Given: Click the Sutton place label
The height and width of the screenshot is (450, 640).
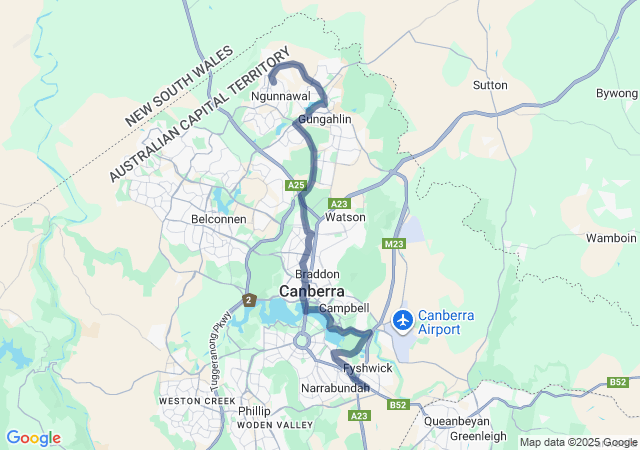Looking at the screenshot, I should point(490,85).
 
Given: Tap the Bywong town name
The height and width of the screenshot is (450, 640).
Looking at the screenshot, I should point(616,93).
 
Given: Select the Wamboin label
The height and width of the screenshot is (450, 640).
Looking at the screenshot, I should point(610,238).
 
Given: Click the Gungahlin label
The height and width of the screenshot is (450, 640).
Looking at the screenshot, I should point(325,120).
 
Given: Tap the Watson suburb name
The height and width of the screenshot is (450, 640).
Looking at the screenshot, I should point(346,216).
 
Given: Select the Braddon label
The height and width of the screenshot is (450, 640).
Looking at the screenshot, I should point(318,273).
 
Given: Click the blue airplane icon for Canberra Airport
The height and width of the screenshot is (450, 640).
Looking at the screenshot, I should point(402,320).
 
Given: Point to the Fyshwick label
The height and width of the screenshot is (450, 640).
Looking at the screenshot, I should point(369,368).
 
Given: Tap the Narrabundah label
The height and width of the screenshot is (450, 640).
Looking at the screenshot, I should point(335,387).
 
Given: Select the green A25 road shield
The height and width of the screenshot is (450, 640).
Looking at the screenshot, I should point(295,185).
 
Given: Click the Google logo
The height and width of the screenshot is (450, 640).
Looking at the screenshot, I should point(33,438).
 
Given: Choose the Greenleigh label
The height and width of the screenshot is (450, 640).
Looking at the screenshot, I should point(478,436).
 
